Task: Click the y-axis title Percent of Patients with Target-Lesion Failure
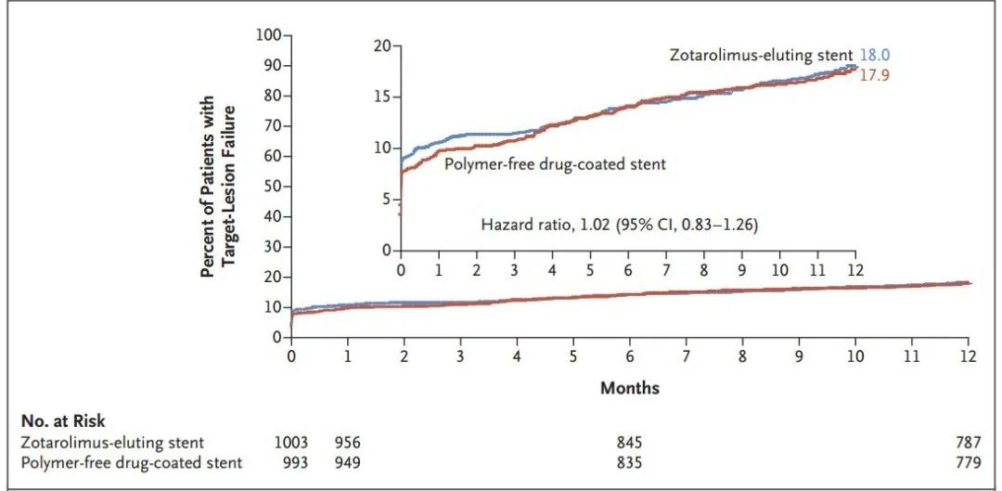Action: point(219,185)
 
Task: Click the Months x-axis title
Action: point(629,387)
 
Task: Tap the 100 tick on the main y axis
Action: point(268,35)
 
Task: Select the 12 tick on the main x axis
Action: point(968,356)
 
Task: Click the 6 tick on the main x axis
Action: point(629,356)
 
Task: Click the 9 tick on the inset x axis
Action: point(741,269)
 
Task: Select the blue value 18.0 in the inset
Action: point(875,56)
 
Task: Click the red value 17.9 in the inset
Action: point(875,75)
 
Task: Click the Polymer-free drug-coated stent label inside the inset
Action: point(556,164)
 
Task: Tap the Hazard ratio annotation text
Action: point(619,225)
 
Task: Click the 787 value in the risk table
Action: point(967,443)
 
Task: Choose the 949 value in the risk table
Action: point(348,462)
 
